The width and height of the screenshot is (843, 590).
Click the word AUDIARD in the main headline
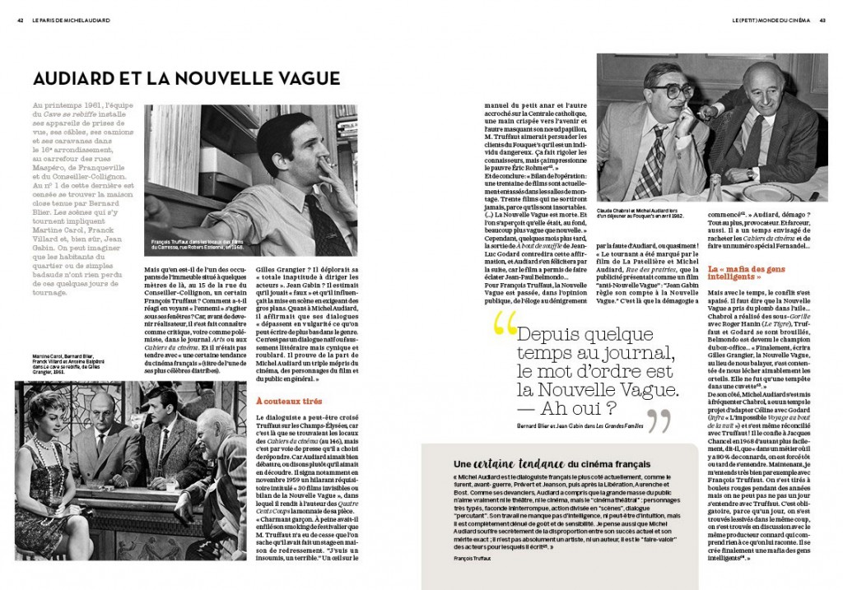coord(75,79)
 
